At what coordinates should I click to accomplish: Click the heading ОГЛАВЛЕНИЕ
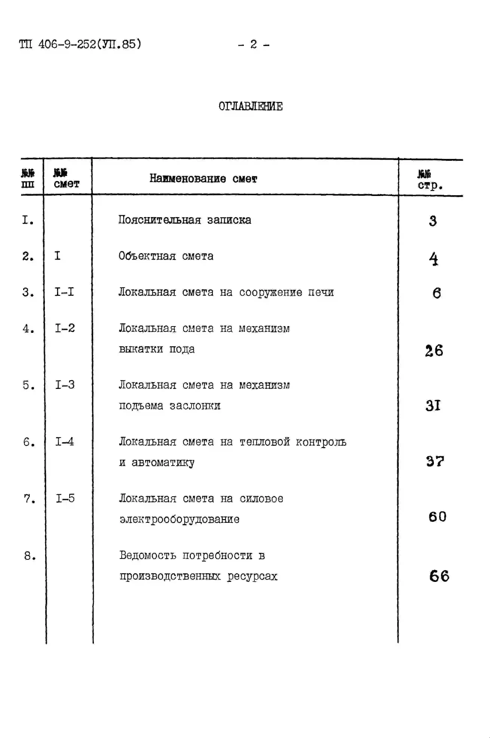click(251, 107)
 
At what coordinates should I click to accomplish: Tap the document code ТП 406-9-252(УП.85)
click(80, 44)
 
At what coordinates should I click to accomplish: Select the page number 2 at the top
click(253, 44)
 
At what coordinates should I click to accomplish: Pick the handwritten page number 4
click(434, 259)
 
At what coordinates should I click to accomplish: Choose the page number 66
click(439, 576)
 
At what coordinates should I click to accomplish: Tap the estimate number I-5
click(65, 498)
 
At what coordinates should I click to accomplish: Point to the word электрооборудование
click(179, 519)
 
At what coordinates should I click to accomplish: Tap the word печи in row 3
click(321, 292)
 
